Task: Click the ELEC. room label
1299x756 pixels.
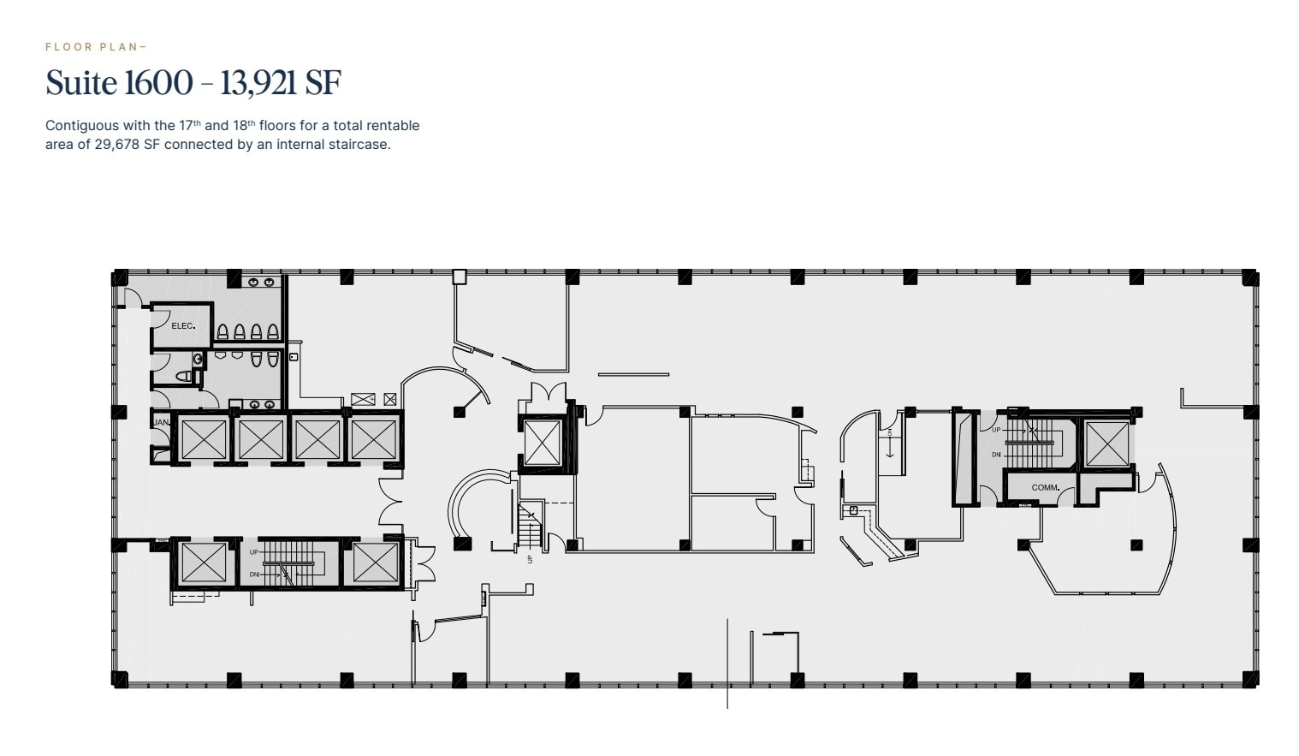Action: tap(183, 326)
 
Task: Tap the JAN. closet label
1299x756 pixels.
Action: tap(160, 423)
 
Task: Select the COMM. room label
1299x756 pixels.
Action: tap(1045, 488)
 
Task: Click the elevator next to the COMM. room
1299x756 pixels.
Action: tap(1106, 444)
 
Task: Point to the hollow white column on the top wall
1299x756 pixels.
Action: tap(460, 277)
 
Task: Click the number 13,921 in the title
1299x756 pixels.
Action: tap(259, 83)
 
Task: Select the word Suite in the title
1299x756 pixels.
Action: tap(81, 83)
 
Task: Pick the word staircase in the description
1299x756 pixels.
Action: tap(359, 144)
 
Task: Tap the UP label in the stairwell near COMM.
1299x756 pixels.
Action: tap(996, 430)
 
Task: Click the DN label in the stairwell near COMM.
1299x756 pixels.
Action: tap(996, 455)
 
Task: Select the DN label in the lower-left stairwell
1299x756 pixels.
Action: tap(254, 574)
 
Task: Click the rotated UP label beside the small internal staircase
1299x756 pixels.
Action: tap(530, 559)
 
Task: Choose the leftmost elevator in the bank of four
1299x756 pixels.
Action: tap(204, 439)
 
